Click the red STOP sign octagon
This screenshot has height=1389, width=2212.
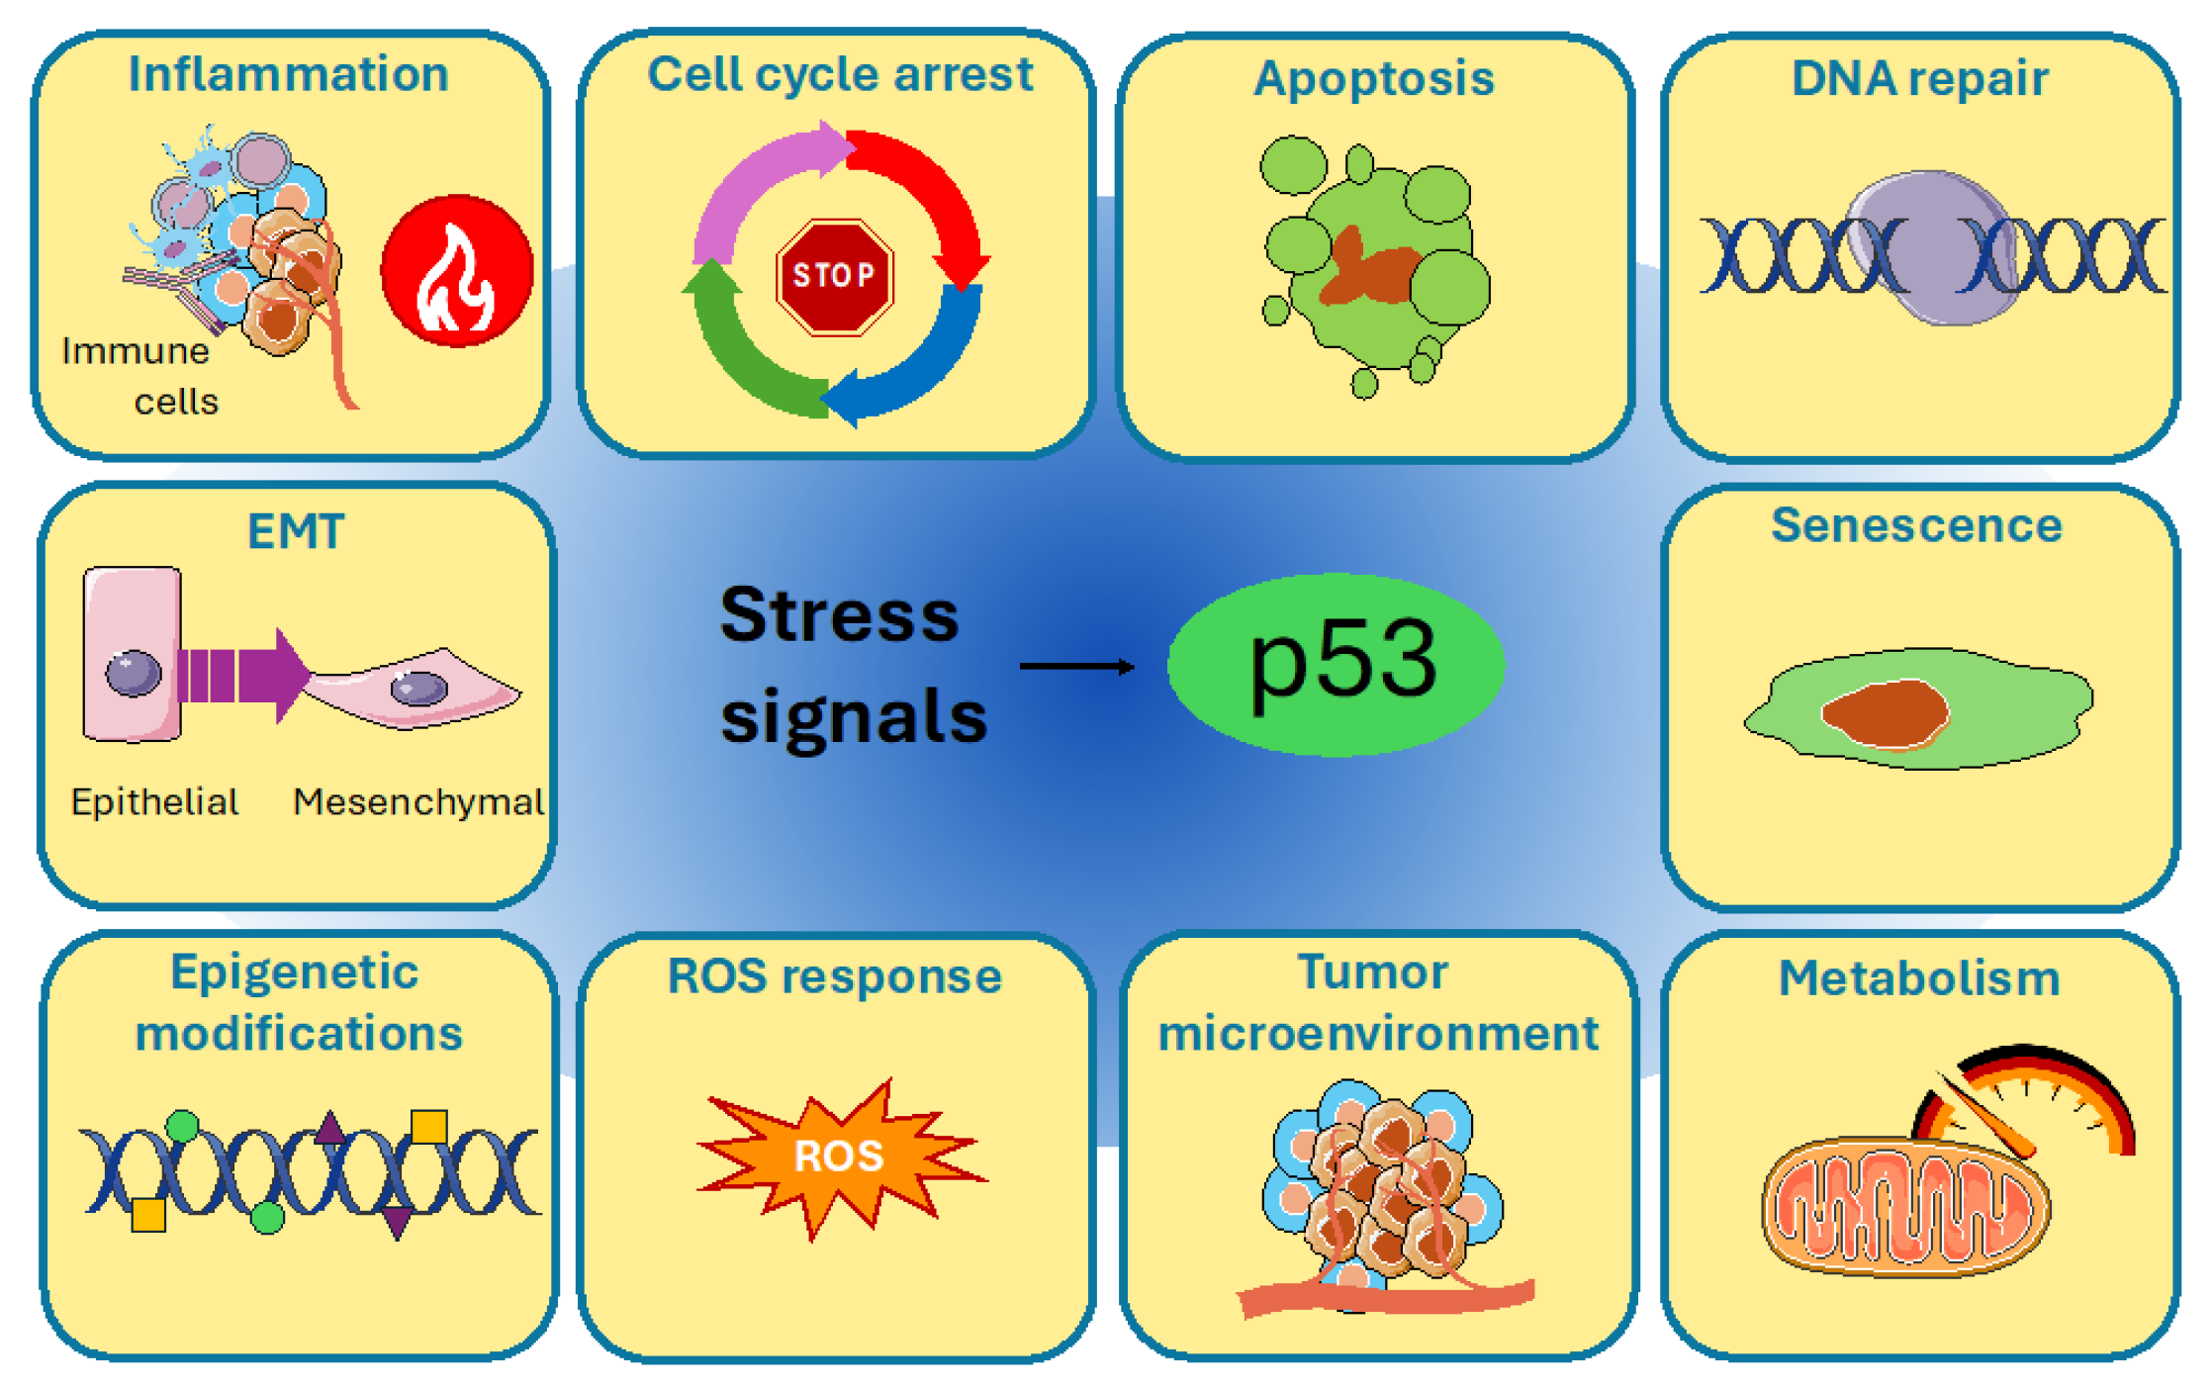coord(835,276)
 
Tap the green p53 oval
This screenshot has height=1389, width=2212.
coord(1336,664)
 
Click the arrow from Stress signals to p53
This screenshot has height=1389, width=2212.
coord(1076,667)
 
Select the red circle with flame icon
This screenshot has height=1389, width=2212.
coord(457,270)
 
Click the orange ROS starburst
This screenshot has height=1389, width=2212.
coord(839,1156)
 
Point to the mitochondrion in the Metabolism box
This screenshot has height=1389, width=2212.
coord(1904,1207)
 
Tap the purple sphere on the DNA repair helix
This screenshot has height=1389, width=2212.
coord(1929,247)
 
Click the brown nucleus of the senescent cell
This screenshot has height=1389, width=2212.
coord(1885,712)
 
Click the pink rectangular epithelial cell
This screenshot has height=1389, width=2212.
coord(132,654)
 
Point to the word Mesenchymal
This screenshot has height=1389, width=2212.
coord(417,801)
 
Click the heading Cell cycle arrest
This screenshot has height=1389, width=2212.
coord(839,74)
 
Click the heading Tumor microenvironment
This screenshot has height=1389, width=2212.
coord(1377,1003)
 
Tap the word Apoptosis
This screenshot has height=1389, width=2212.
coord(1373,78)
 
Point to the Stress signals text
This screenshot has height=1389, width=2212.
coord(851,665)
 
